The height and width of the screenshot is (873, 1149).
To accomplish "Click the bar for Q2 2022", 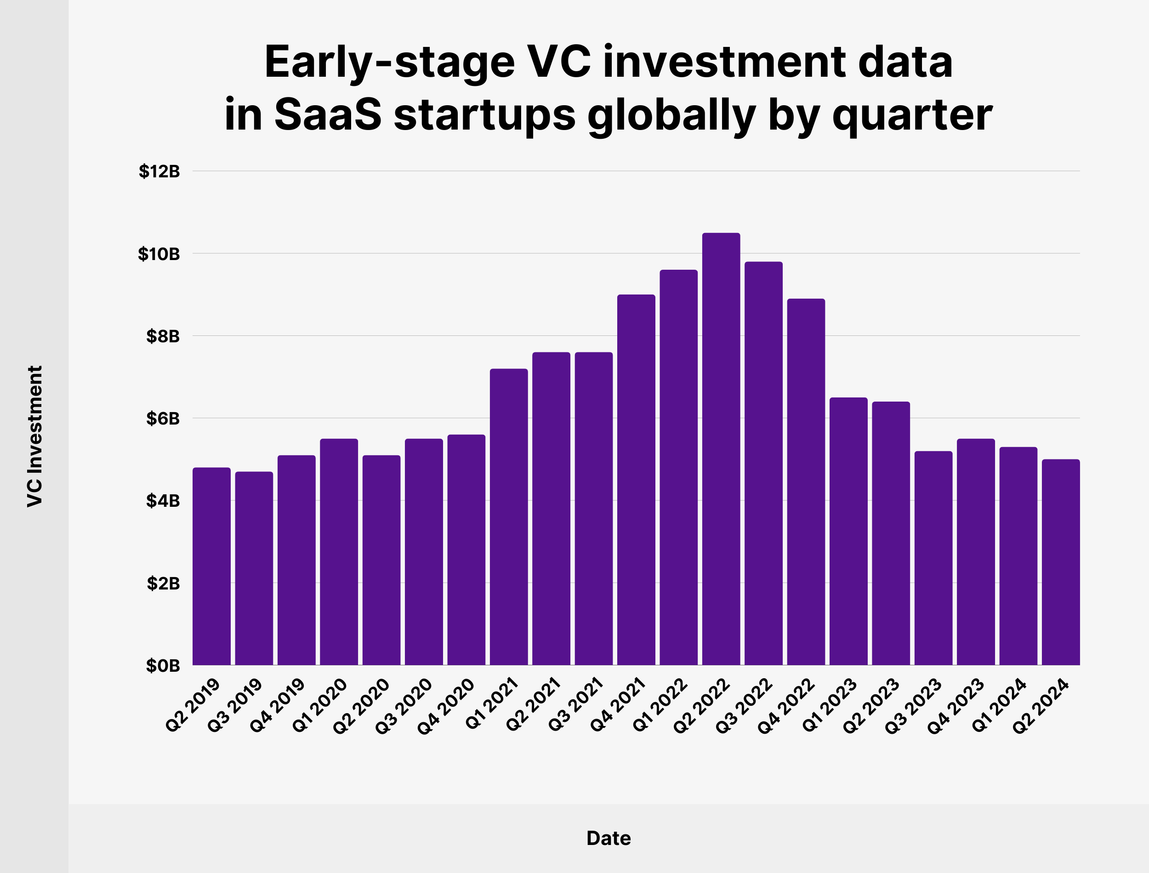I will (x=721, y=449).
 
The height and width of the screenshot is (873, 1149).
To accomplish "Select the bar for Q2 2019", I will (x=211, y=566).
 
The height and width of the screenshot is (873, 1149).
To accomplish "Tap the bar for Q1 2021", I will (x=509, y=516).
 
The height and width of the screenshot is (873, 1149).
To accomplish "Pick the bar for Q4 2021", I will (x=636, y=480).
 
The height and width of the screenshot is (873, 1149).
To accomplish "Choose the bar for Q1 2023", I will (x=848, y=531).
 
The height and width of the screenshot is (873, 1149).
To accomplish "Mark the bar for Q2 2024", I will (x=1061, y=562).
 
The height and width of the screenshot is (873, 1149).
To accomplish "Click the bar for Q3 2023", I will (x=933, y=558).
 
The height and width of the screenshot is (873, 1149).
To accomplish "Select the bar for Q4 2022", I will (x=806, y=482).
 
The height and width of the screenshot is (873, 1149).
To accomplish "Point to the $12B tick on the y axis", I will (x=159, y=171).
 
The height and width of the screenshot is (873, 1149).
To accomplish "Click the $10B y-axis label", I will (x=159, y=254).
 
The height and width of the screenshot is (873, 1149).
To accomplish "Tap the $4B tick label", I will (x=163, y=500).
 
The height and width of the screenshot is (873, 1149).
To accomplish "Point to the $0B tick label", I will (x=163, y=666).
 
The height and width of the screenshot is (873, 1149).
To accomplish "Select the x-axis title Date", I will (x=609, y=838).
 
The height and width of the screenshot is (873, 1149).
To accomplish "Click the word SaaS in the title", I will (x=328, y=114).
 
